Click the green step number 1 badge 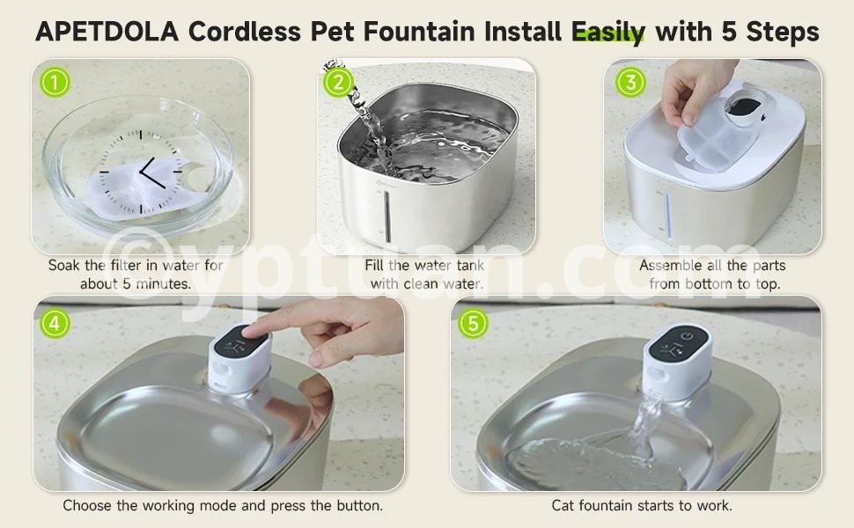[55, 83]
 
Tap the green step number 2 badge [338, 82]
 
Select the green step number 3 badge [630, 82]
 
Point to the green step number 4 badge [55, 323]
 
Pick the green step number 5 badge [472, 323]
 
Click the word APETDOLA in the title [107, 32]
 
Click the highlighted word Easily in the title [607, 33]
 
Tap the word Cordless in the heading [245, 32]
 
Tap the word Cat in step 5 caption [562, 506]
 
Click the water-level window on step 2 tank [387, 216]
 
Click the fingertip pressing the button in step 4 [252, 330]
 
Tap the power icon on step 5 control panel [688, 336]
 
